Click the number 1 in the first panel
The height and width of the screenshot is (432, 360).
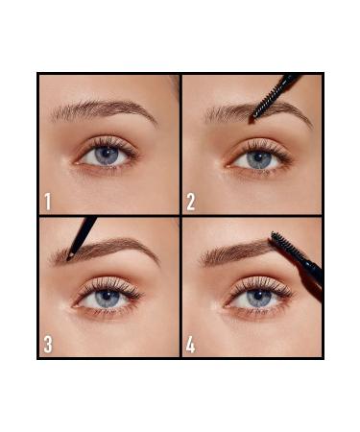pos(46,202)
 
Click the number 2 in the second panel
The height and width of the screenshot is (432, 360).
pos(190,202)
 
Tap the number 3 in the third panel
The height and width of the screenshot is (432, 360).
pos(46,344)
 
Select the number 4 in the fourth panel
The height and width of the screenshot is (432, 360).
pos(190,344)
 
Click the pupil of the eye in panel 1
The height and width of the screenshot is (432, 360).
pos(106,155)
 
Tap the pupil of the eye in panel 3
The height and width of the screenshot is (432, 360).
pos(108,299)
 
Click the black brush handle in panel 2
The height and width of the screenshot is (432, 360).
pos(291,83)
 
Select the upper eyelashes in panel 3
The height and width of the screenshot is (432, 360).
pos(108,284)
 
